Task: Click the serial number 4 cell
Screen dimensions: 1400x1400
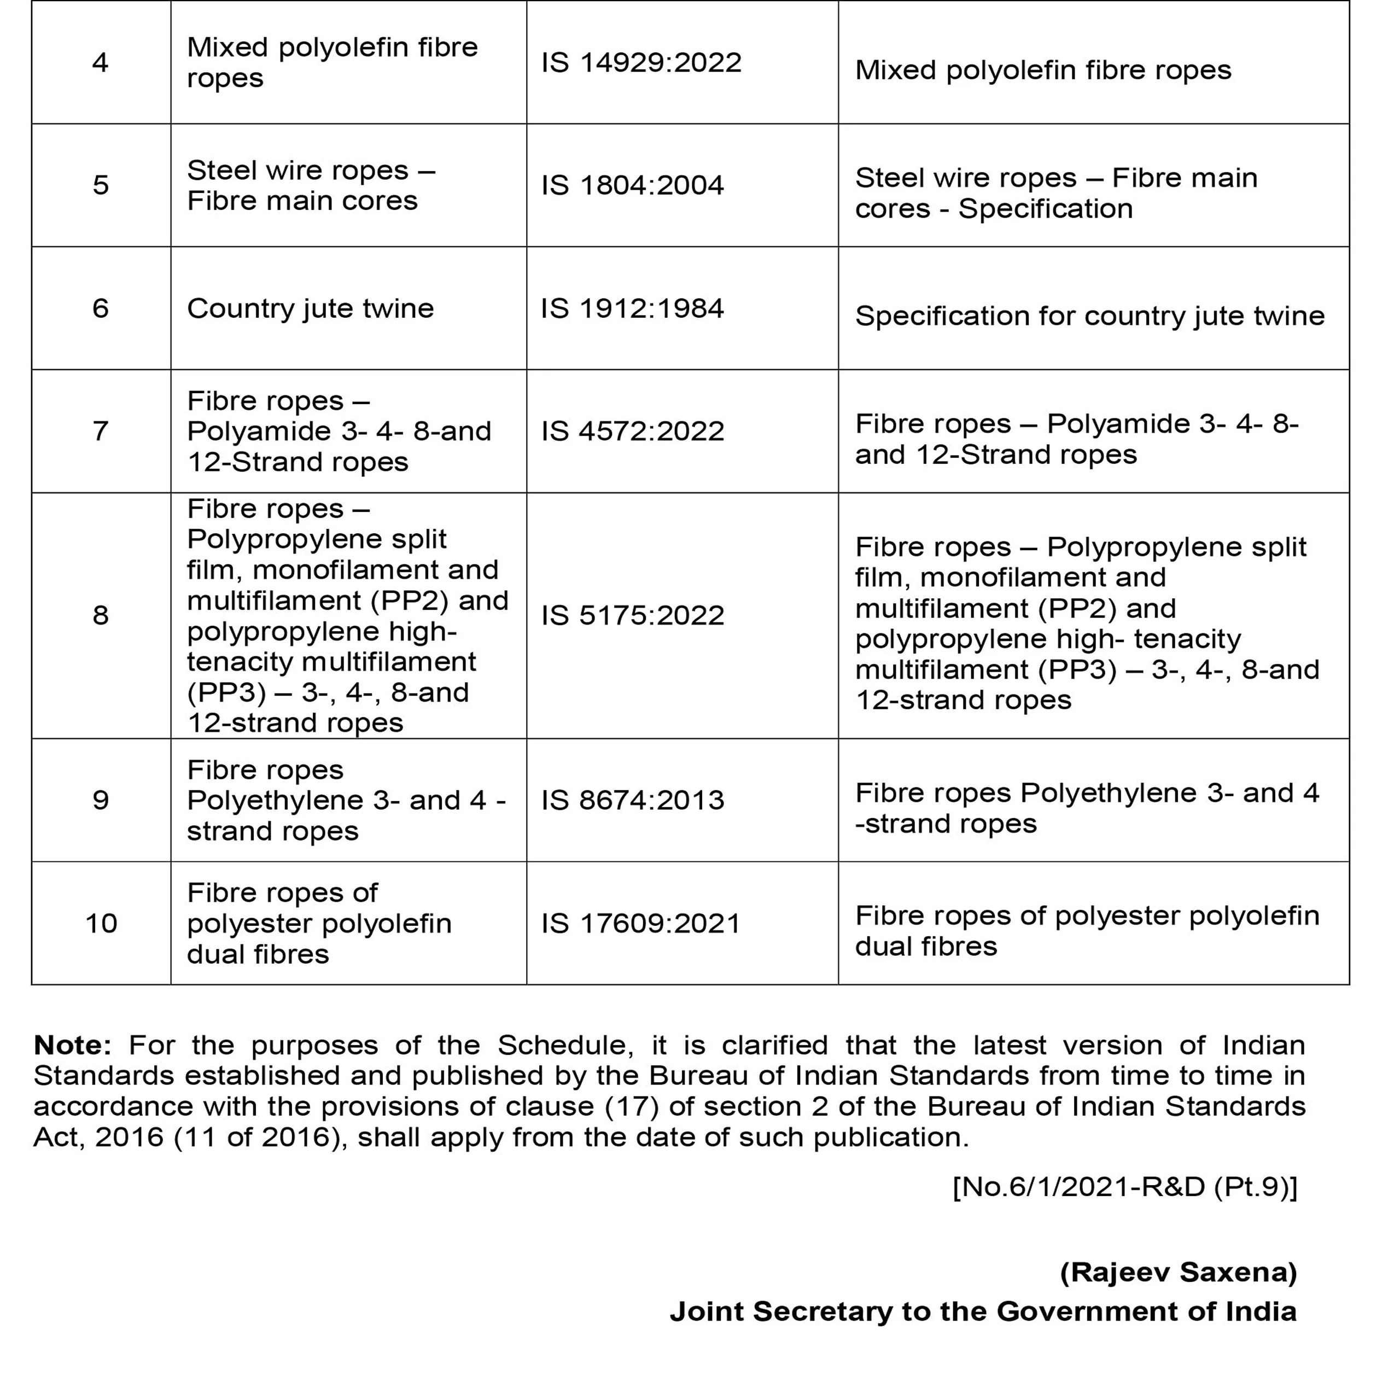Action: coord(100,63)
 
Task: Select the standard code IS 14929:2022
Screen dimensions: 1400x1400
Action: coord(641,63)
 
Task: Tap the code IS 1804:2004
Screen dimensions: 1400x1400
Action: coord(633,185)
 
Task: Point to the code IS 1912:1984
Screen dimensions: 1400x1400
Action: coord(633,308)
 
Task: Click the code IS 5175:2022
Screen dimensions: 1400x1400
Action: coord(633,616)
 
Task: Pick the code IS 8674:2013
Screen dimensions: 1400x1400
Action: coord(633,800)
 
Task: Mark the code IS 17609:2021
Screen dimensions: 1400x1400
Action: coord(641,923)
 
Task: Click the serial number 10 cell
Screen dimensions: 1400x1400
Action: coord(101,923)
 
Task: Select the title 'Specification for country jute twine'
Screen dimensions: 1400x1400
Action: coord(1090,316)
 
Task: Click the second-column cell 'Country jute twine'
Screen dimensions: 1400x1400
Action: coord(310,308)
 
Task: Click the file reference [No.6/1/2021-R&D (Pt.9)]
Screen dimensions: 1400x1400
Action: coord(1124,1187)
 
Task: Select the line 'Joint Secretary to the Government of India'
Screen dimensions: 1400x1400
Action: coord(983,1311)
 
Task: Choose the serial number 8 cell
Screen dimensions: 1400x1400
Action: coord(100,616)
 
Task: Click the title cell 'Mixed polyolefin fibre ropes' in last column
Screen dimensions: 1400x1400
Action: coord(1043,71)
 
